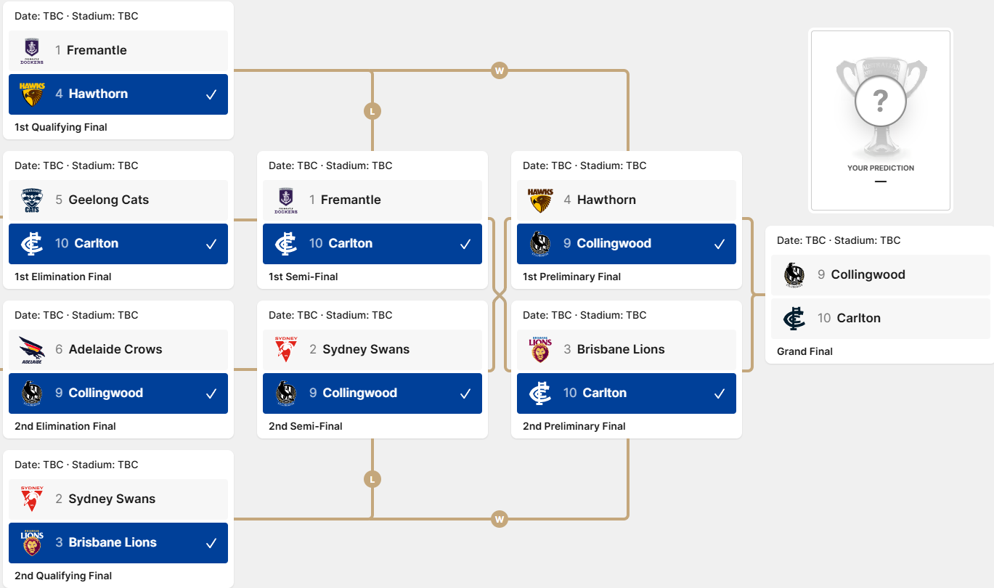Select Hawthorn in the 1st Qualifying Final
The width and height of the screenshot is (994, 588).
pos(118,94)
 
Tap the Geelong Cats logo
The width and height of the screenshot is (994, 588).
pos(32,200)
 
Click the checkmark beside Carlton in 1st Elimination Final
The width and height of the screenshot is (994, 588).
pos(211,244)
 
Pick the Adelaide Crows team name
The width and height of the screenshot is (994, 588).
pos(115,349)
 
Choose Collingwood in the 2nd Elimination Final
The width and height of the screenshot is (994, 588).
pos(118,393)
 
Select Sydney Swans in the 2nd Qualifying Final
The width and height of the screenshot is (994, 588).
pos(118,499)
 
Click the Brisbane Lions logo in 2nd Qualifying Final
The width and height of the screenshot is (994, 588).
pos(32,543)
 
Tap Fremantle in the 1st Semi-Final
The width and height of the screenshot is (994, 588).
pos(372,200)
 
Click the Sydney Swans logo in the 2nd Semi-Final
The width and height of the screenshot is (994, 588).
pos(286,349)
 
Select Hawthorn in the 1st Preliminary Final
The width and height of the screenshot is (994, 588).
pos(626,200)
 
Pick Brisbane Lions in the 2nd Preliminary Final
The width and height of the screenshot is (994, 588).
pos(626,350)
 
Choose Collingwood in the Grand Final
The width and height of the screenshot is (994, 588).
pos(881,275)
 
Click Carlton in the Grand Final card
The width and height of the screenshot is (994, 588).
pos(881,319)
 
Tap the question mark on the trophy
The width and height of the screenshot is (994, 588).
pos(881,101)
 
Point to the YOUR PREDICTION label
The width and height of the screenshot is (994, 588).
pos(881,168)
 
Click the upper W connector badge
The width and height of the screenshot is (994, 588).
pos(500,70)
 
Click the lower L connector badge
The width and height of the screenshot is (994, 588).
pos(372,479)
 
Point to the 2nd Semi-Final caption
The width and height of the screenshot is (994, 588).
pos(305,426)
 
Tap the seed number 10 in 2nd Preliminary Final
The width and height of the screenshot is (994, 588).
pos(570,393)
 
